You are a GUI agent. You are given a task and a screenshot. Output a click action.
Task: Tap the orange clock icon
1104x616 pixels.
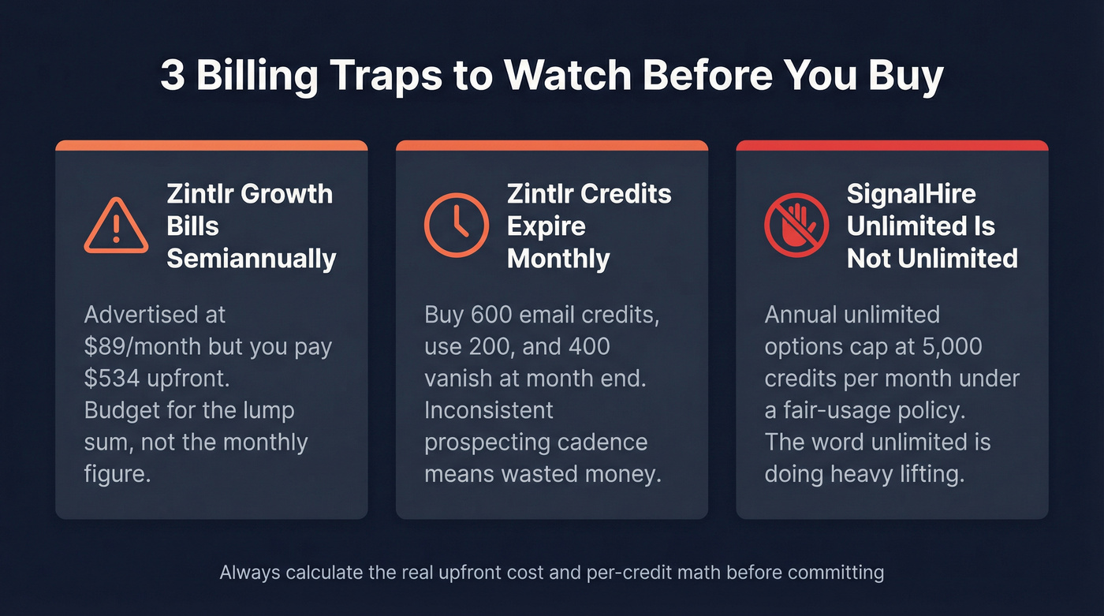tap(456, 226)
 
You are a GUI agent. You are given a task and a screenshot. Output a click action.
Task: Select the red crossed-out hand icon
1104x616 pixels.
tap(796, 226)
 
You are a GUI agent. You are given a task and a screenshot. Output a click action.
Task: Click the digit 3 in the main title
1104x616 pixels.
tap(171, 77)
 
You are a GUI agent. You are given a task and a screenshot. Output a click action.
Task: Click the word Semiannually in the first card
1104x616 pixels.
tap(252, 259)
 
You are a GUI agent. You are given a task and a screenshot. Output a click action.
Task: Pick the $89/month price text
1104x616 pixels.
tap(139, 347)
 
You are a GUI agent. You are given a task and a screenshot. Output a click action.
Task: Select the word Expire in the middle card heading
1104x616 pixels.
tap(546, 226)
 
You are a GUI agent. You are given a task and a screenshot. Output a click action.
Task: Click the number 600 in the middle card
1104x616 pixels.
tap(493, 315)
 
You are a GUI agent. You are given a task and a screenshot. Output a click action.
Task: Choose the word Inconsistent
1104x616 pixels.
tap(489, 410)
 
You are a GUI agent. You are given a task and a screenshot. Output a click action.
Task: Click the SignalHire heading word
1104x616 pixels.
tap(911, 194)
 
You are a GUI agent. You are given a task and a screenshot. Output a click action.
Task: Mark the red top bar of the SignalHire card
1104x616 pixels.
tap(892, 145)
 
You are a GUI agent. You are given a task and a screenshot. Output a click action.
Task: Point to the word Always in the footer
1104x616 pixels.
tap(250, 572)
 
